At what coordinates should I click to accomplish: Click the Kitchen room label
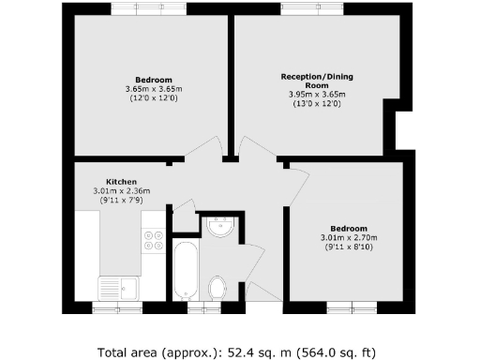point(121,182)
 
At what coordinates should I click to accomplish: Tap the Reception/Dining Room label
point(317,81)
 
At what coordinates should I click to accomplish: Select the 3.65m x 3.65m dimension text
point(154,89)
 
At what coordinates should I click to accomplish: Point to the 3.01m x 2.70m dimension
point(349,238)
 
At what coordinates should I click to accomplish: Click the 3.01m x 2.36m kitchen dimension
point(122,190)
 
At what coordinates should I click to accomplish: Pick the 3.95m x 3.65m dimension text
point(317,94)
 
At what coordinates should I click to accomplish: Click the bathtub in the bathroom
point(186,271)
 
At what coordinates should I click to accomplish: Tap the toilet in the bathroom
point(217,288)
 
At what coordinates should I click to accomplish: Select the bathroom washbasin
point(221,227)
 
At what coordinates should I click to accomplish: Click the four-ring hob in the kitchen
point(154,240)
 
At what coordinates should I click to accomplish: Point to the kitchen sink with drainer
point(118,289)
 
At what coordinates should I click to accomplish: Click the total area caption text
point(236,352)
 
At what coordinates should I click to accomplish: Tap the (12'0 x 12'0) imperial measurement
point(154,98)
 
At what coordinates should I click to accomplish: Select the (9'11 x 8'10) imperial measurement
point(349,247)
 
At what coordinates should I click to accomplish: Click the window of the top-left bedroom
point(149,8)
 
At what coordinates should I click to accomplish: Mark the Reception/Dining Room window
point(312,8)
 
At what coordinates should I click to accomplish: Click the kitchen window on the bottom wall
point(117,307)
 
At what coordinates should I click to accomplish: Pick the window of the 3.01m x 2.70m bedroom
point(352,307)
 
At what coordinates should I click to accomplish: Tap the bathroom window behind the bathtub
point(204,307)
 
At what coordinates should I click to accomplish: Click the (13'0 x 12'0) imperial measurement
point(317,104)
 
